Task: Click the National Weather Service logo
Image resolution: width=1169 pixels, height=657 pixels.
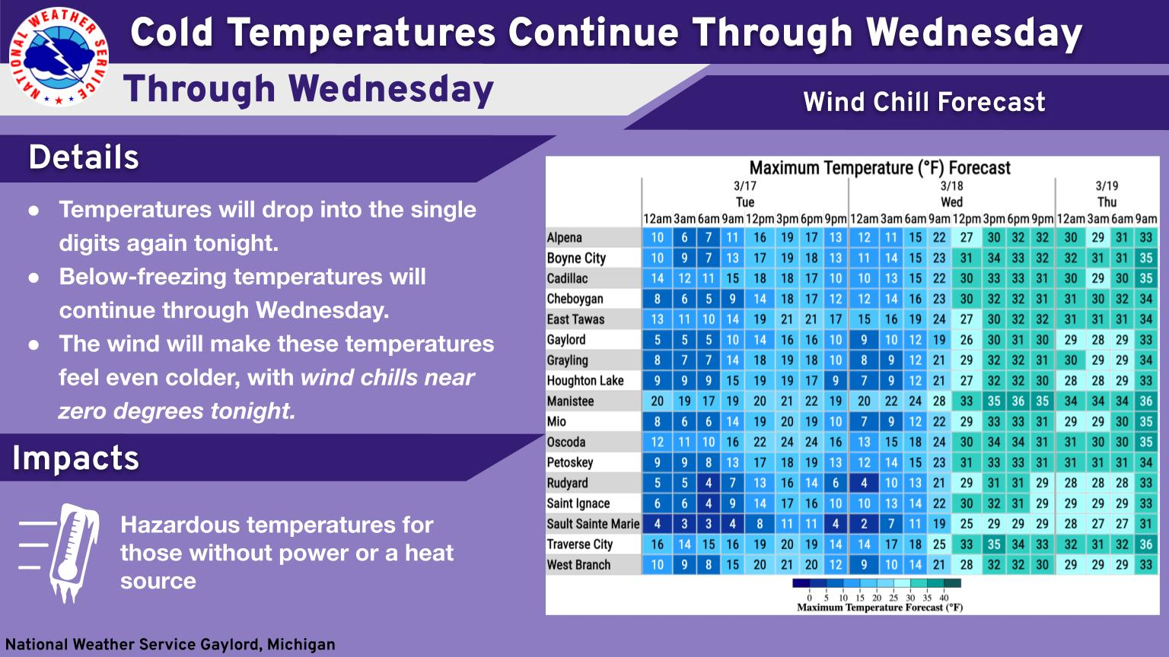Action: point(59,57)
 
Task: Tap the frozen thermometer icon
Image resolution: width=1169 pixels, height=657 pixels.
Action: point(74,553)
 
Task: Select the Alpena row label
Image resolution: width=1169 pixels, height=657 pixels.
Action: point(564,238)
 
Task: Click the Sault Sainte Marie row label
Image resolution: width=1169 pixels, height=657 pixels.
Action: point(593,524)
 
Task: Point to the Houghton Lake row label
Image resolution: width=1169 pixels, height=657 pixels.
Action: point(585,381)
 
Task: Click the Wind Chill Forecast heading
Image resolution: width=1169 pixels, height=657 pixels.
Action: point(924,102)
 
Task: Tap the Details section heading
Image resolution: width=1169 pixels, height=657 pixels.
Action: point(84,157)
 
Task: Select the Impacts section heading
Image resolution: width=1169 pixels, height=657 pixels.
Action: point(75,459)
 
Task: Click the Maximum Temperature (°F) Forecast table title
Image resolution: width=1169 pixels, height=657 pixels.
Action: point(880,168)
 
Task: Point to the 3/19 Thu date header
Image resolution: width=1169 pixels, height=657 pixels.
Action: point(1107,194)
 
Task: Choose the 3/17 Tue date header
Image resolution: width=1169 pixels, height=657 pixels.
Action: point(745,194)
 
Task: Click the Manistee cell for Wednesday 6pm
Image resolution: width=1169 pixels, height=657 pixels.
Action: point(1018,401)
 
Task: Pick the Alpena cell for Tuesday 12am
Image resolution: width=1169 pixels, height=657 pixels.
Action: point(657,238)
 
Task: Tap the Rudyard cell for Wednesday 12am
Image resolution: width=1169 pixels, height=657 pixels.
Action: point(864,483)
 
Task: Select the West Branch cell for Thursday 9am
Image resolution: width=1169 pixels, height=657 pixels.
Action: point(1146,565)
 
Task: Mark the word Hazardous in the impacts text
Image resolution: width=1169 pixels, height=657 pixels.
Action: point(179,525)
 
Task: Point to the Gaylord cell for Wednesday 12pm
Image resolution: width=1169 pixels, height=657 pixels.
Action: point(966,340)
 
